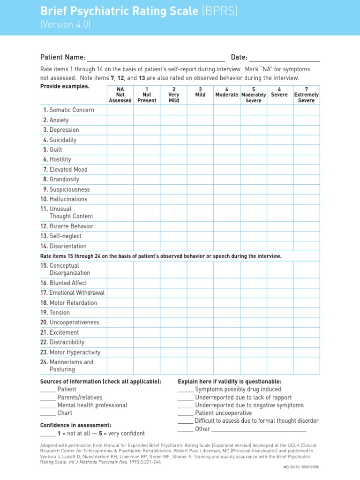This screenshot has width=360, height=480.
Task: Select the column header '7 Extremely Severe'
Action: click(306, 95)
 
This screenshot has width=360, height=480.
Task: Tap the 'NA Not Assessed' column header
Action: click(120, 95)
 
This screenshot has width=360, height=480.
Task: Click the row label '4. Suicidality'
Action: click(60, 140)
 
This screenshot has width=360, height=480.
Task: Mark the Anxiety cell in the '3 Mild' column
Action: click(200, 120)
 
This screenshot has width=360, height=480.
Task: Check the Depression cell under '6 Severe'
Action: click(280, 130)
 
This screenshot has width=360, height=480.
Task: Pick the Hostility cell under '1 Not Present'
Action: click(147, 159)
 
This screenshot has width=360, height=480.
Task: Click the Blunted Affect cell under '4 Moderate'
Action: click(227, 283)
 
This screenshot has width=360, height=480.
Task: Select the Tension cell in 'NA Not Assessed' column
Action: click(120, 313)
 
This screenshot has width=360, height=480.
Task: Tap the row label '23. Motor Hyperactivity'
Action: click(70, 352)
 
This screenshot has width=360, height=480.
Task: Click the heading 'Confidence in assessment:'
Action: click(75, 425)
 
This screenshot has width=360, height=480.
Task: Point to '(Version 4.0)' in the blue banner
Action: click(66, 25)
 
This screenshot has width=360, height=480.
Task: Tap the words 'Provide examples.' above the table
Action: click(65, 86)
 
